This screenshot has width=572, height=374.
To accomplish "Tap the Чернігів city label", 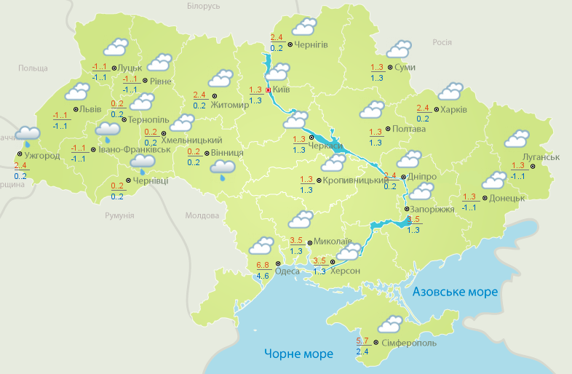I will coord(311,44).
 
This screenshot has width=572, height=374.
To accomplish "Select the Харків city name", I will coord(454,110).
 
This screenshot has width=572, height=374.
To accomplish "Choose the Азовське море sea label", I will coord(455,292).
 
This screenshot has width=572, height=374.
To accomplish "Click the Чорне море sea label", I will coord(298,354).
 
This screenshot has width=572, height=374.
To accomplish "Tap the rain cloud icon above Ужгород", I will coord(28,135).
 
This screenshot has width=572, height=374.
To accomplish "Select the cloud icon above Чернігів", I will coord(303,28).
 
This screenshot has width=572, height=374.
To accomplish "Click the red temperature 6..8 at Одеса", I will coord(263,264).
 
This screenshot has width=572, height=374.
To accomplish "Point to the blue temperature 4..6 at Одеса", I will coord(263,276).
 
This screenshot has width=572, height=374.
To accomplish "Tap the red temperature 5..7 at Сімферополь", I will coord(362,341).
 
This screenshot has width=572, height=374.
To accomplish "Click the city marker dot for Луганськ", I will coord(531,167).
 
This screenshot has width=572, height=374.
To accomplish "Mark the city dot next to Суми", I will coord(391,67).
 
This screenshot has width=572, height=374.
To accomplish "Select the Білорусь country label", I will coord(203,6).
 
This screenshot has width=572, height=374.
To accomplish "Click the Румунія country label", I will coord(119,216).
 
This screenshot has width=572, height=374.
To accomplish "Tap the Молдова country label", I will coord(202,216).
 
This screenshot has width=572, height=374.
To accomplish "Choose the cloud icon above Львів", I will coord(76,92).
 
